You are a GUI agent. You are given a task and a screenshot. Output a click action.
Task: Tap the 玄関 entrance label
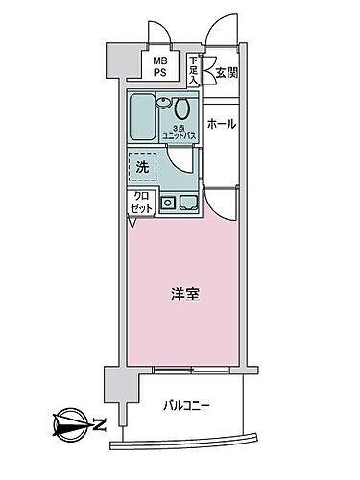[226, 71]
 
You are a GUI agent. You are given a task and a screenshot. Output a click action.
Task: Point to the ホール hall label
[223, 124]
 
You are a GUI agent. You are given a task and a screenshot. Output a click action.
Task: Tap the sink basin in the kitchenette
[185, 202]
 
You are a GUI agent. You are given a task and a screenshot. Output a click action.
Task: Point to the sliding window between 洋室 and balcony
[192, 369]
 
